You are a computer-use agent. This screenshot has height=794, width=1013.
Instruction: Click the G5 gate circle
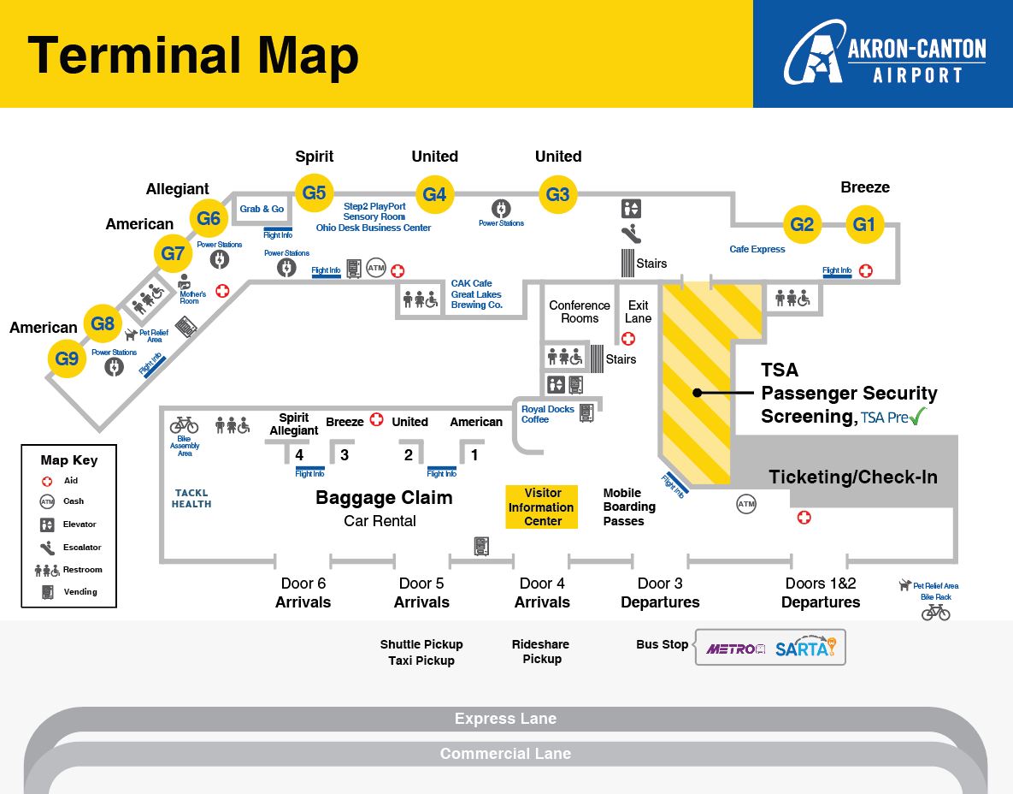click(314, 193)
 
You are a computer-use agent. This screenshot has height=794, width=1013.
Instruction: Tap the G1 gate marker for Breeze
click(864, 225)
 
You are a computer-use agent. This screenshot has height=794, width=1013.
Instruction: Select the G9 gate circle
click(67, 358)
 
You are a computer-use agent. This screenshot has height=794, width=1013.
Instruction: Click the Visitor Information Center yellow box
click(542, 507)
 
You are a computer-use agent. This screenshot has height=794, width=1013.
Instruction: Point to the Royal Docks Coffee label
click(547, 414)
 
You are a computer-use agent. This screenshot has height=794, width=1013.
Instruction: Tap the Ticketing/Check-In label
click(852, 477)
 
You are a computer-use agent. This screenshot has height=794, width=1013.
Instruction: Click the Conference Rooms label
click(580, 311)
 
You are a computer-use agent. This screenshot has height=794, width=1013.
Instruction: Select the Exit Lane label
click(638, 311)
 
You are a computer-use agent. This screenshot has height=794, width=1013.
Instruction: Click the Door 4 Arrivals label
click(542, 592)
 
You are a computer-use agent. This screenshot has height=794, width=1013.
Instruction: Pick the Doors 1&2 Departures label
click(820, 592)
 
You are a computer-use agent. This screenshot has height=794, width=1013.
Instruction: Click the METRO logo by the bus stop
click(735, 649)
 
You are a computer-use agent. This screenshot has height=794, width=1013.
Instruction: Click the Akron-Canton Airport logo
click(884, 55)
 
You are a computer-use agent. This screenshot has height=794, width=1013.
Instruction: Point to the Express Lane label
click(505, 719)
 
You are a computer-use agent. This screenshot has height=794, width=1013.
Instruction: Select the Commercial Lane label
click(505, 754)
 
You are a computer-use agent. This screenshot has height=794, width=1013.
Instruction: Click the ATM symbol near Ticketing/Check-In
click(746, 505)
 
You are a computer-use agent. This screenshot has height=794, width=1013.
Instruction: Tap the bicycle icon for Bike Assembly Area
click(184, 424)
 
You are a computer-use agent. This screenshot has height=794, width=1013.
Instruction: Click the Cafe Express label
click(757, 249)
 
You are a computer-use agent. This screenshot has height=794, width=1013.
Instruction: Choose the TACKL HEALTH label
click(191, 499)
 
